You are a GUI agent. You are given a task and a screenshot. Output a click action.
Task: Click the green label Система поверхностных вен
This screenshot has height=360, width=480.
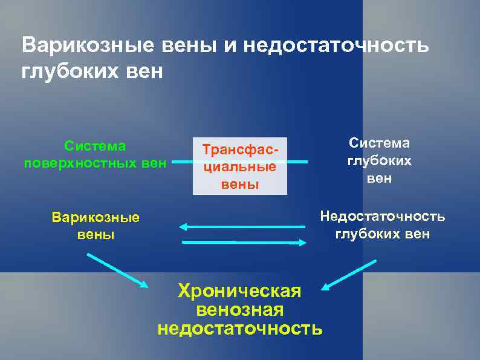96,154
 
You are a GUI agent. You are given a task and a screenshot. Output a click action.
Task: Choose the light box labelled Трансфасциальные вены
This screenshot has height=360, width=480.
240,166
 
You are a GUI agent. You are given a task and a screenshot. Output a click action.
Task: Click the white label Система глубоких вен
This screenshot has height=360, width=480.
379,160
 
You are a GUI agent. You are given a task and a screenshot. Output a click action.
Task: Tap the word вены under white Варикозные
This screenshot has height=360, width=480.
96,234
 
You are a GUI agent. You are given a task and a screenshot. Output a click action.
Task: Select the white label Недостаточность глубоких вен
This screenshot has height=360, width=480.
383,225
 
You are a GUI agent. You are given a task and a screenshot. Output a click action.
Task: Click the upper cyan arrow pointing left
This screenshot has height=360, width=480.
242,227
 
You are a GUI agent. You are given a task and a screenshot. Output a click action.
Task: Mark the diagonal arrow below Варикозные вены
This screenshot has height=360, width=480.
117,270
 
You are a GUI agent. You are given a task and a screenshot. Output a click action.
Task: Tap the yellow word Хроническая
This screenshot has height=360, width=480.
239,291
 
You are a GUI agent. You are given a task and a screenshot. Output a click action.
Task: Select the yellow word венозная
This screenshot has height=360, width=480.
240,310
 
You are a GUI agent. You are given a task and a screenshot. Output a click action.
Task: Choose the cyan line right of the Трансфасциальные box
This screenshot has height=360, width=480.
297,162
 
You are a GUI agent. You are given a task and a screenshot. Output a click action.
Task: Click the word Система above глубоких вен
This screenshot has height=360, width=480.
379,143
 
